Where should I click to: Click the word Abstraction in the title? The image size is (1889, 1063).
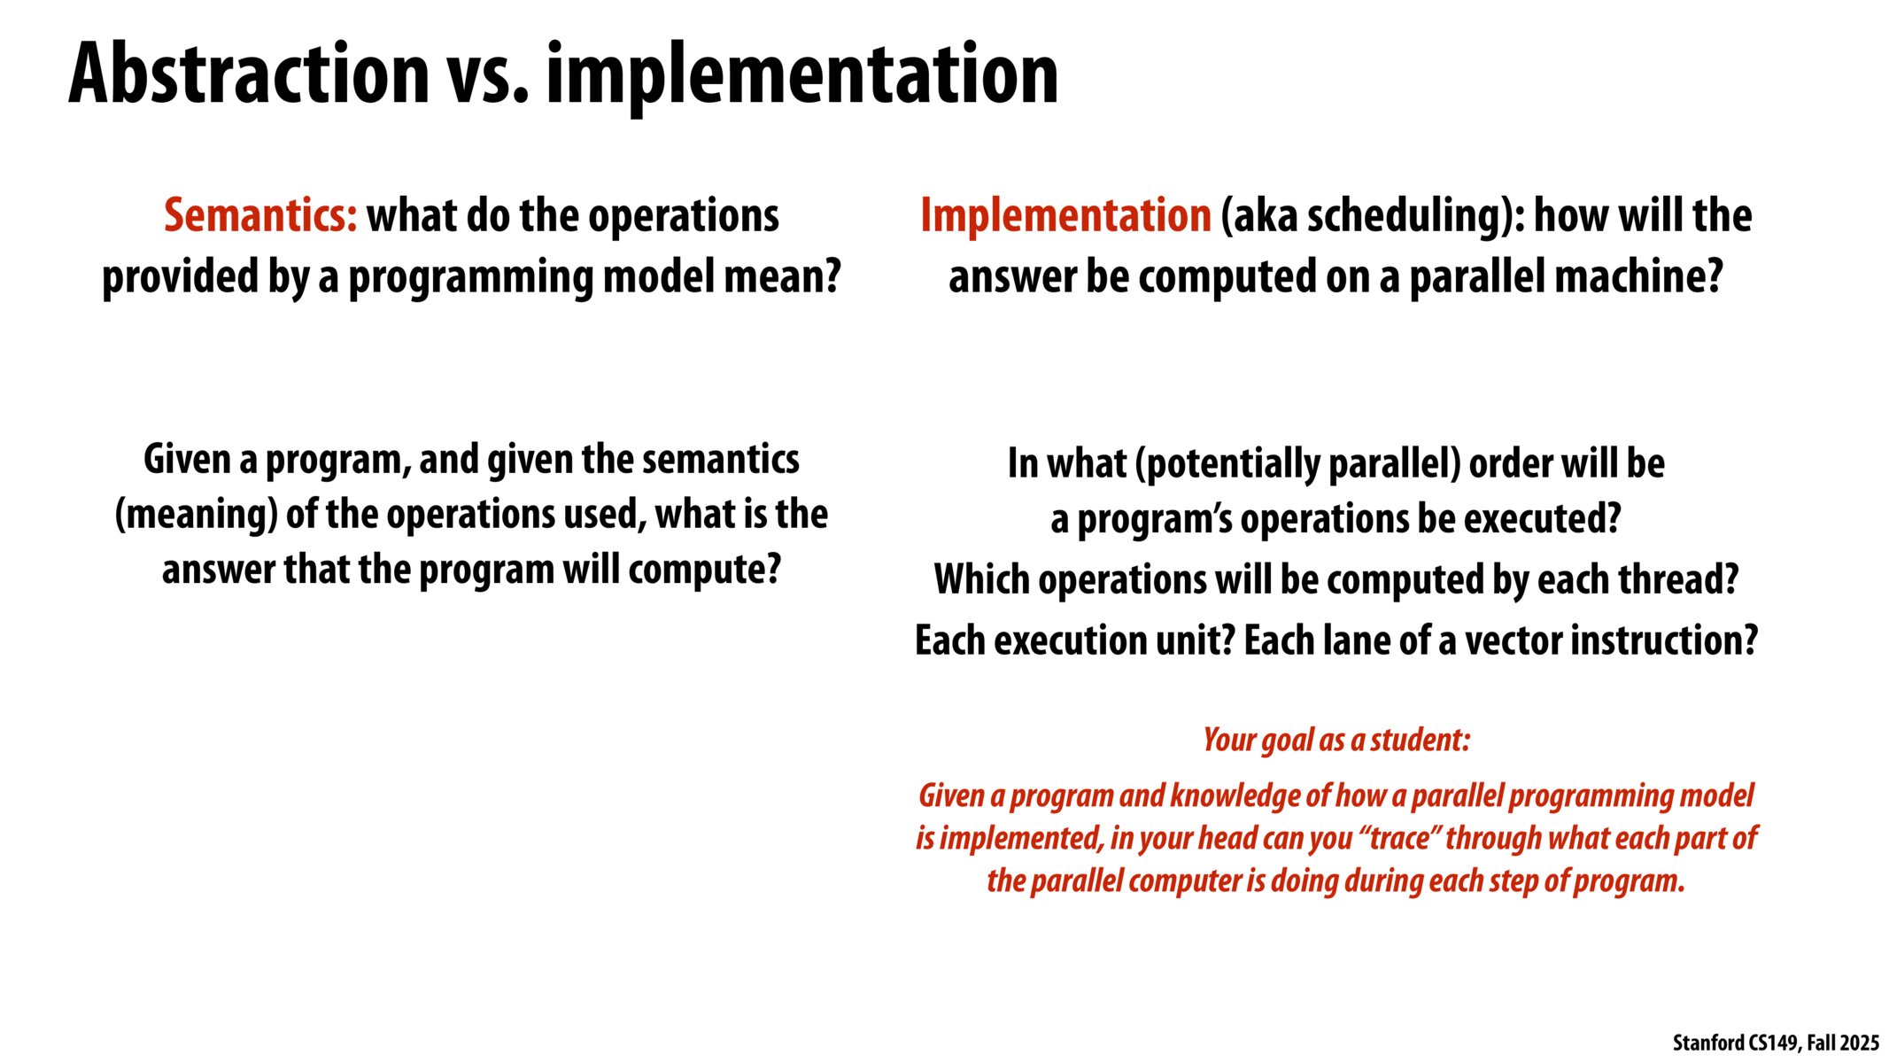(249, 74)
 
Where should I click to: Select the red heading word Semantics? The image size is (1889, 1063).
(261, 215)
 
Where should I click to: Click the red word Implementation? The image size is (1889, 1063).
(1065, 215)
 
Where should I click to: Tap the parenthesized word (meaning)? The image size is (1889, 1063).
(196, 515)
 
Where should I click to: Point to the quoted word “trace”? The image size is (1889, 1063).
(1398, 837)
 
